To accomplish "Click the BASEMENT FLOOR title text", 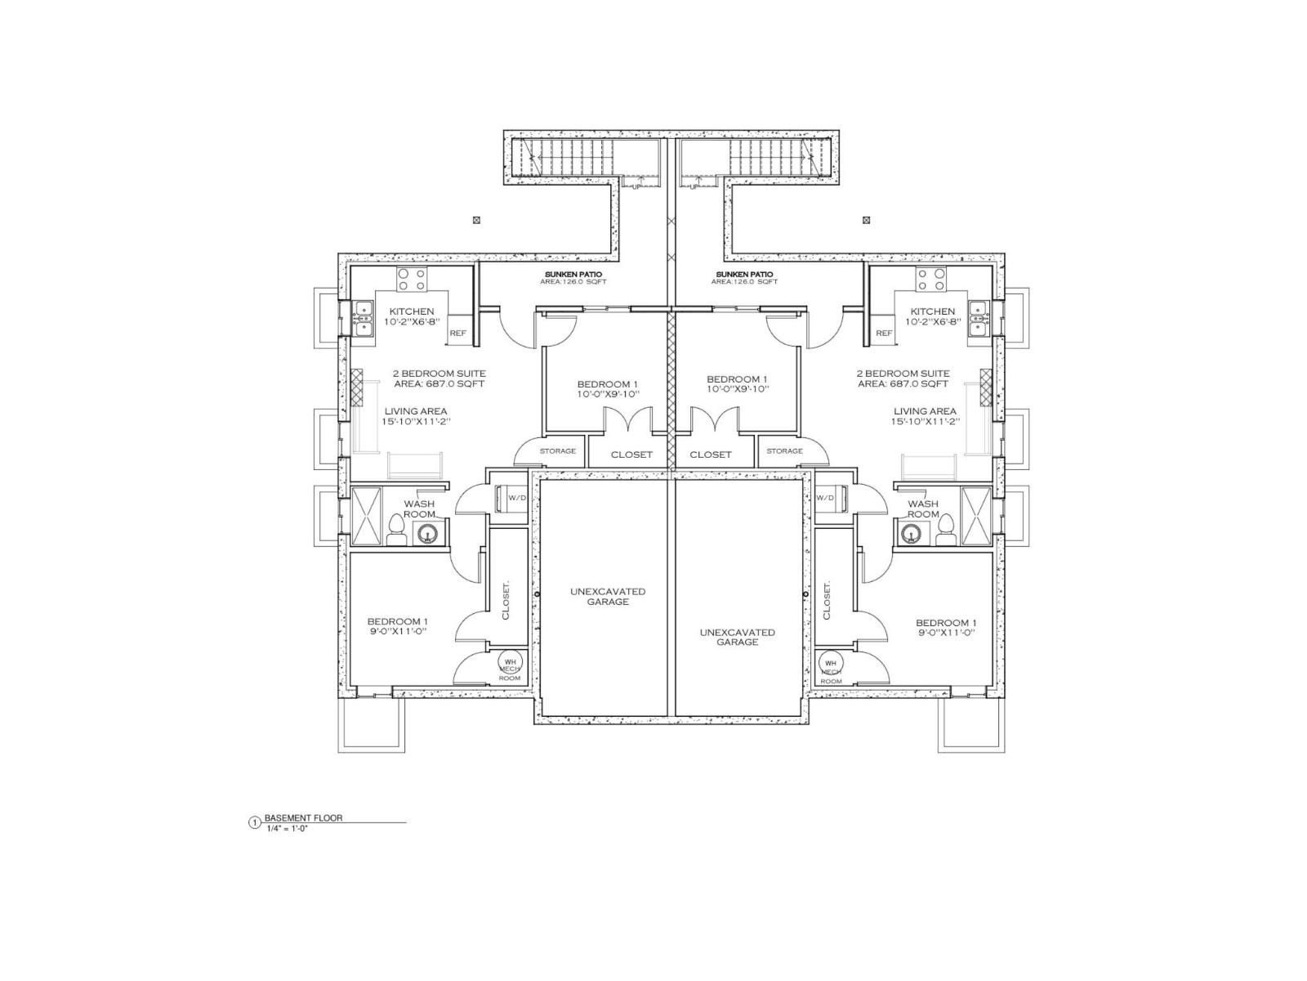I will coord(303,817).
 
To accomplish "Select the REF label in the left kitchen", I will coord(457,334).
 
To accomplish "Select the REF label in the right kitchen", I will coord(884,334).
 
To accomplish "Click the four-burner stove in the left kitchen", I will coord(413,280).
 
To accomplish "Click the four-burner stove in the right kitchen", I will coord(930,280).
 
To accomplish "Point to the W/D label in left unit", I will coord(517,497).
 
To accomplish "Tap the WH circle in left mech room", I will coord(510,662).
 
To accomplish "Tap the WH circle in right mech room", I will coord(831,663).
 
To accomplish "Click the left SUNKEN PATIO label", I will coord(576,274).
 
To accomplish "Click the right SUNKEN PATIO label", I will coord(744,274).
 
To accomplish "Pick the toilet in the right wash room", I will coord(945,529).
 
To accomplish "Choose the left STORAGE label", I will coord(557,450).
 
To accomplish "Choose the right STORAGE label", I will coord(784,450).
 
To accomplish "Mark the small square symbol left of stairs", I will coord(477,219).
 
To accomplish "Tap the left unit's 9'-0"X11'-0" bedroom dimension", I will coord(397,632).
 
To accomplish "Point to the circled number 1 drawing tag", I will coord(254,822).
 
